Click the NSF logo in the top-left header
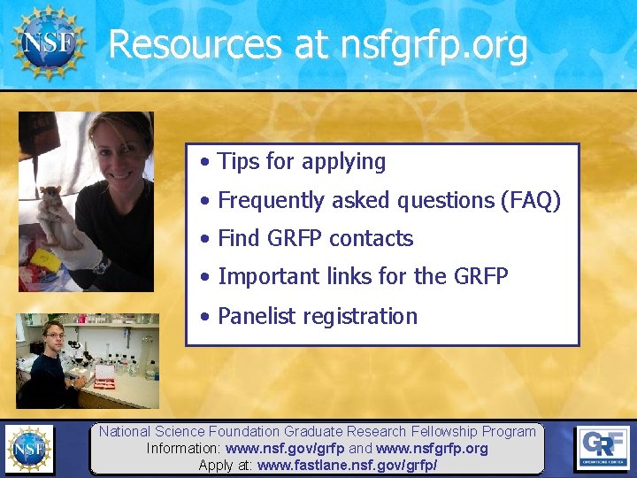[48, 41]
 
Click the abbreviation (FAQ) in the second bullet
[530, 201]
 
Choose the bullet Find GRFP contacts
[315, 239]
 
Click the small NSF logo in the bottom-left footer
[28, 448]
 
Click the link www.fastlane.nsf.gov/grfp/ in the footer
[347, 465]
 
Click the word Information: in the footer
[184, 449]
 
